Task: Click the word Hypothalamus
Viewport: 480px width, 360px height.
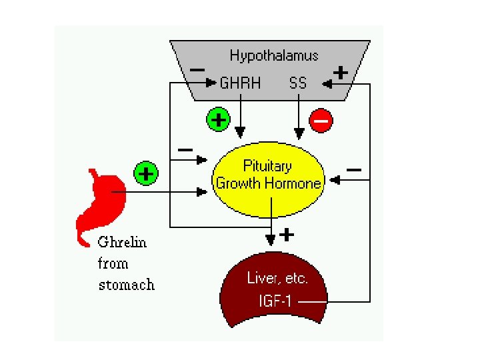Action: coord(274,55)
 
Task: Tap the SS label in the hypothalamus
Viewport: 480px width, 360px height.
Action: coord(298,83)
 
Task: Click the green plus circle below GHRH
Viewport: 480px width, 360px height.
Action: coord(218,120)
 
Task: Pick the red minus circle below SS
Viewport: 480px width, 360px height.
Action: coord(320,121)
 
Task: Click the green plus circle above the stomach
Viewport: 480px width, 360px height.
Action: coord(145,174)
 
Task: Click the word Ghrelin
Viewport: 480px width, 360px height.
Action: coord(122,241)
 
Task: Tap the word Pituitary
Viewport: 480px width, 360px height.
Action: coord(267,166)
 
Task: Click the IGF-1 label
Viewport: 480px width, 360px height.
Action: coord(275,301)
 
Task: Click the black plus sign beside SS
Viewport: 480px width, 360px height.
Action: coord(340,73)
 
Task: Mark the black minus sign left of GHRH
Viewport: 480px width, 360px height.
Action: coord(197,69)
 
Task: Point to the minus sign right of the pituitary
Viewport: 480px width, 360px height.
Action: coord(354,171)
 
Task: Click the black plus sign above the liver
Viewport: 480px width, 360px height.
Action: coord(287,234)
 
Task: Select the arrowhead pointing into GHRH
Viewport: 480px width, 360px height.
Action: coord(213,83)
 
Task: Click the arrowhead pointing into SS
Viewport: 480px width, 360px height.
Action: coord(325,84)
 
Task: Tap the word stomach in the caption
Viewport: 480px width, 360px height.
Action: coord(126,285)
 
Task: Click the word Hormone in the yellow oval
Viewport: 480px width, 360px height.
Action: coord(294,183)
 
